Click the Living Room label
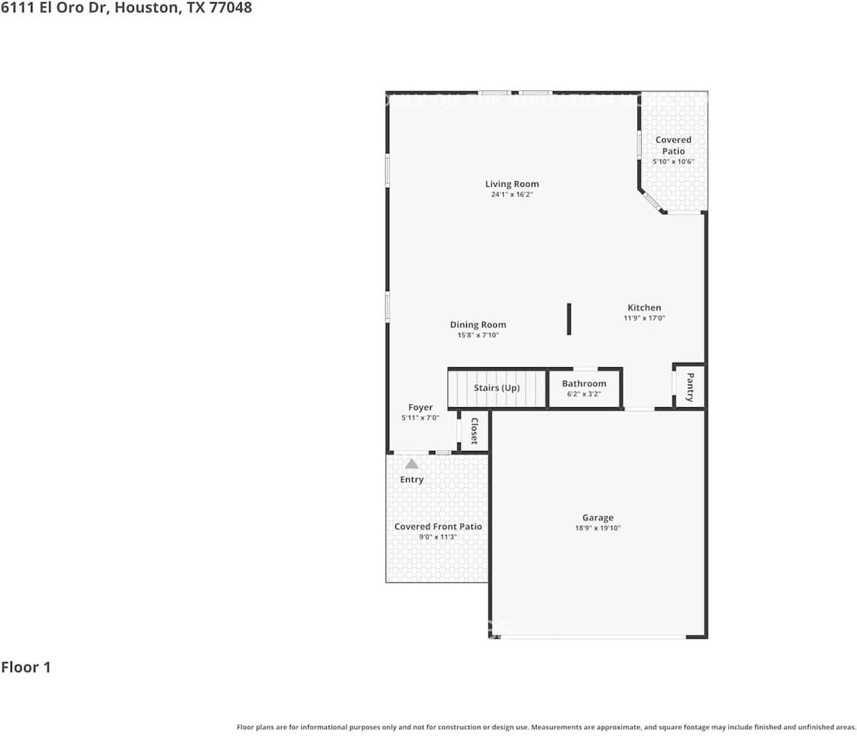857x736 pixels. [512, 184]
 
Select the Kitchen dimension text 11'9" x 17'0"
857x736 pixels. [644, 318]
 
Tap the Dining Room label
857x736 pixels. [478, 325]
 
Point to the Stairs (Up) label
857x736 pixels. [496, 388]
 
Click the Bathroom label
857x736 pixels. [584, 383]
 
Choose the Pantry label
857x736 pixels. [690, 387]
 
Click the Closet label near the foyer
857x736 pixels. [474, 431]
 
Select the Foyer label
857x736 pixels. [420, 407]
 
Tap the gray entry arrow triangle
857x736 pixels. [412, 464]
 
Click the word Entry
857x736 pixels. [412, 480]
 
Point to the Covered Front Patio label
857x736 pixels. [438, 527]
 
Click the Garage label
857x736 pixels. [597, 517]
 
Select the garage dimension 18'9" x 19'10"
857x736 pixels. [597, 528]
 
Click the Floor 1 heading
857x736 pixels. [26, 667]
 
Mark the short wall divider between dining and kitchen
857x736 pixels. [569, 319]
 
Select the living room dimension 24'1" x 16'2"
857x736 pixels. [512, 195]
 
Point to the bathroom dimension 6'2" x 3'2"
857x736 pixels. [584, 394]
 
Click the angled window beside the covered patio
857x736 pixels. [651, 200]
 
